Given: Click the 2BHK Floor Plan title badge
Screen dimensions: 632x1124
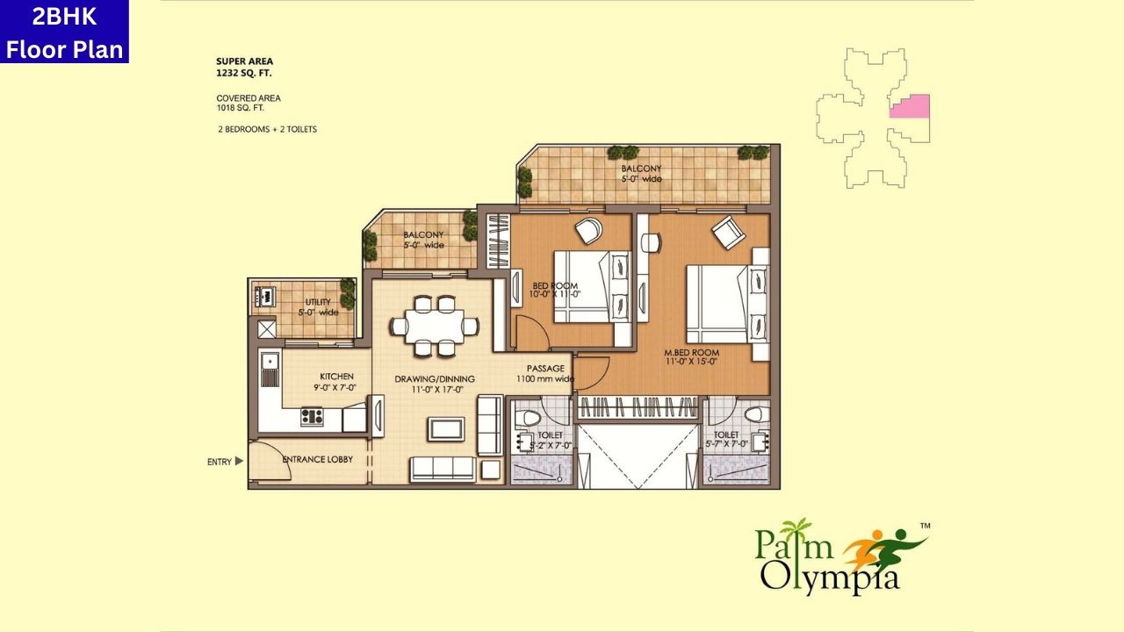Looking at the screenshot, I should coord(64,32).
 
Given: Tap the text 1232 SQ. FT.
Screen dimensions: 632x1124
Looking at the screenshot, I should coord(244,74).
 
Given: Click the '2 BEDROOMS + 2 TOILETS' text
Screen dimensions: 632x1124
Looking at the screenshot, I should coord(267,129).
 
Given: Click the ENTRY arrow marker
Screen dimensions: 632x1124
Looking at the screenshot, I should coord(239,461).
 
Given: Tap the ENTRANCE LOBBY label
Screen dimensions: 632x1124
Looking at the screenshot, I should coord(317,459).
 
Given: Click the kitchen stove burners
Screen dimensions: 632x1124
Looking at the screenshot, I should coord(312,416).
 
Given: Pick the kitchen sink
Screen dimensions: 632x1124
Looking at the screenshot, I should coord(270,369).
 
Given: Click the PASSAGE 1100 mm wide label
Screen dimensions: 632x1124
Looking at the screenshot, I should coord(545,374).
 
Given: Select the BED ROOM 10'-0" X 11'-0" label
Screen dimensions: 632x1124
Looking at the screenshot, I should coord(555,290).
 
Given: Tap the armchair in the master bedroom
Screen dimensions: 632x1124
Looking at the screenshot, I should coord(728,233).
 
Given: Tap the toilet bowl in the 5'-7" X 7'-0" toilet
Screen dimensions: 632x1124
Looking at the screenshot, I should coord(753,414).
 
